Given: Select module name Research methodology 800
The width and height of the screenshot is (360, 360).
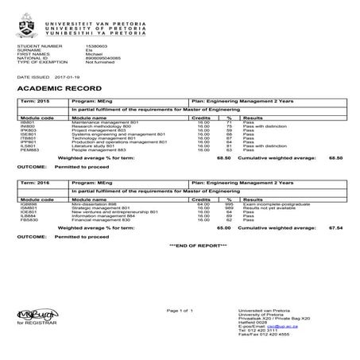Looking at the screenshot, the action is (x=99, y=126).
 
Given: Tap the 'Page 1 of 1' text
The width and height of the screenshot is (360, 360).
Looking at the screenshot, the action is (x=180, y=309).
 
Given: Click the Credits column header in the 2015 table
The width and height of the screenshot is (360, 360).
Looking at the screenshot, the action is (x=203, y=116).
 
